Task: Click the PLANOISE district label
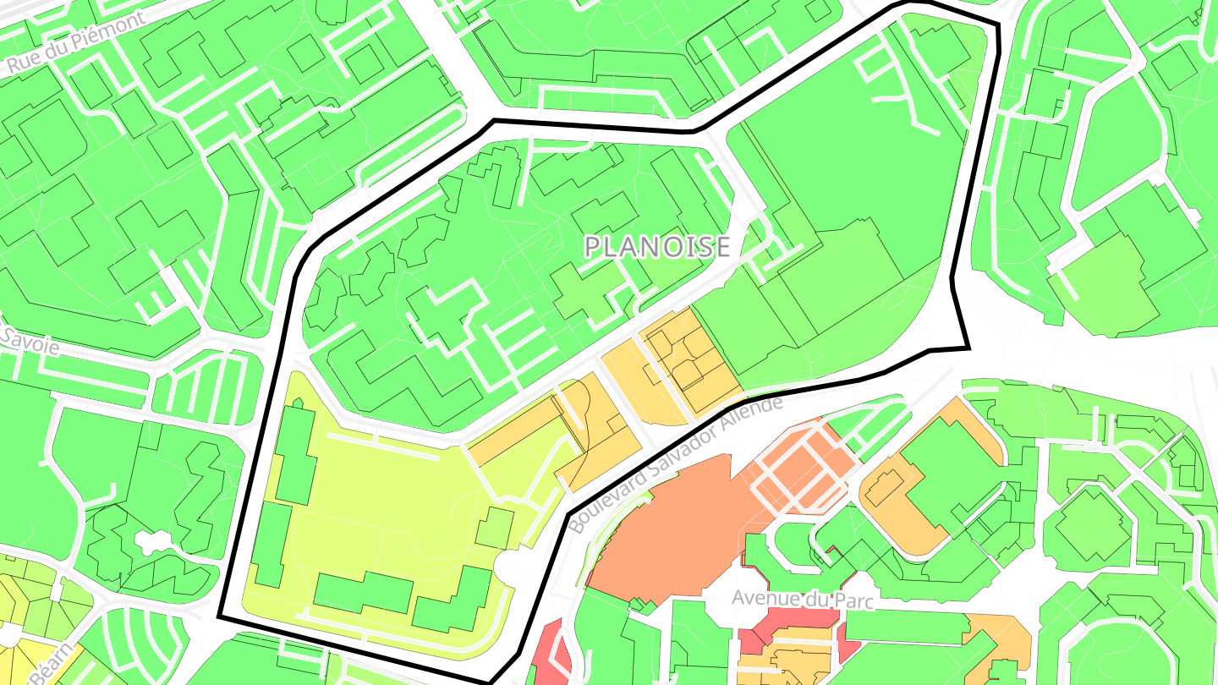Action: [x=657, y=247]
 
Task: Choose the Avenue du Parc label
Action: [x=802, y=599]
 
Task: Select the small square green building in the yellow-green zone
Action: [x=494, y=528]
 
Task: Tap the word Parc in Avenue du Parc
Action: [x=850, y=600]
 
